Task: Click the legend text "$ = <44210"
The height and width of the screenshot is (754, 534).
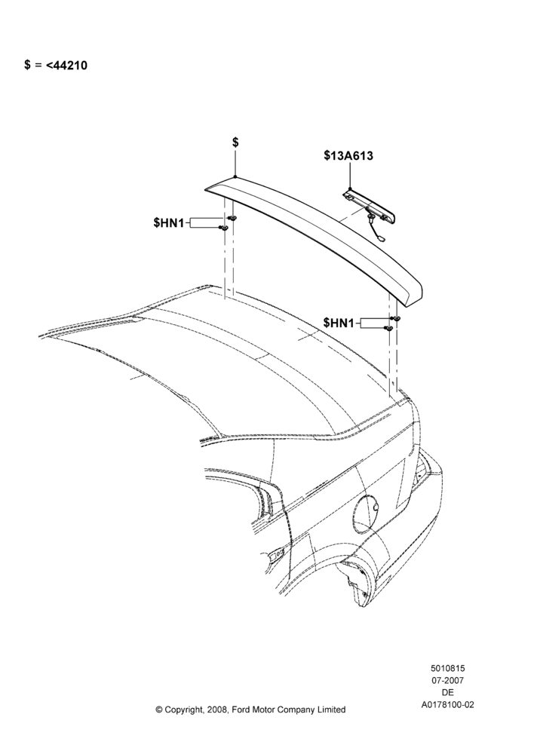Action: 56,66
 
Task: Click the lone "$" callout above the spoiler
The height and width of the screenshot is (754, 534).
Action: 236,143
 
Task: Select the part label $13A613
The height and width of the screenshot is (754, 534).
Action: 348,156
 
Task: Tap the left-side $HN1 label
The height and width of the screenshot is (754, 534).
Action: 169,222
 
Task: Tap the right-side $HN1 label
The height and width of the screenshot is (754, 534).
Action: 339,323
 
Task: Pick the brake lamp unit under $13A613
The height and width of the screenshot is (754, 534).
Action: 369,207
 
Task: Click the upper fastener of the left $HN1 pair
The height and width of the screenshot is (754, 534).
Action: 233,219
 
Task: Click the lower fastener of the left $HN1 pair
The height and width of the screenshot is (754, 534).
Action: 223,228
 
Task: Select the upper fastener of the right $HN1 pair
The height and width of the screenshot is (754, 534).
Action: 395,318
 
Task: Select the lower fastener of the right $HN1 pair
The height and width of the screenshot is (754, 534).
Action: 388,328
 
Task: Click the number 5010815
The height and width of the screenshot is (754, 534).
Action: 447,668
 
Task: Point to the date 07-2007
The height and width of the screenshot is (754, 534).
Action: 447,680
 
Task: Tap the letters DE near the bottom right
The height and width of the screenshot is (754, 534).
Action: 447,693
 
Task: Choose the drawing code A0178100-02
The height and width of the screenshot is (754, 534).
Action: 447,705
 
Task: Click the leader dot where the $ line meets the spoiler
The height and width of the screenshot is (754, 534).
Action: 235,177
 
